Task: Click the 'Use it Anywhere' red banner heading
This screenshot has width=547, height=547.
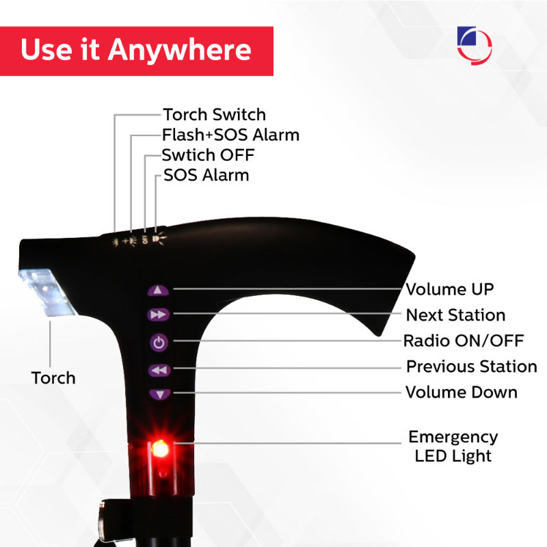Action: [x=136, y=51]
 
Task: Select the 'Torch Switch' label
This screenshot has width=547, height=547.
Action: [x=214, y=114]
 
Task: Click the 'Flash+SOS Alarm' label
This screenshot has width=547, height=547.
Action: [x=230, y=135]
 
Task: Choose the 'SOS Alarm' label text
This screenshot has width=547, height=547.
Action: [x=206, y=175]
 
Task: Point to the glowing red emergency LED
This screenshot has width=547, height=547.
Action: [x=161, y=449]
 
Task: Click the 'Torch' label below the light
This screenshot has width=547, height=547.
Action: [x=53, y=377]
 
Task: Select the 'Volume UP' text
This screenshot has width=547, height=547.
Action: [x=449, y=289]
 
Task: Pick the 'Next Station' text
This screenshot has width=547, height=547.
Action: [x=455, y=315]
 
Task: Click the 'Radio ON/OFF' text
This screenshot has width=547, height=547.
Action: [x=463, y=341]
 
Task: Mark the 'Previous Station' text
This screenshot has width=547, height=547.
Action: [x=471, y=366]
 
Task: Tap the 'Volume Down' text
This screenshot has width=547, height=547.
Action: [x=461, y=392]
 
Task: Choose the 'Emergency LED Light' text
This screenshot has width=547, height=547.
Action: [x=453, y=446]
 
